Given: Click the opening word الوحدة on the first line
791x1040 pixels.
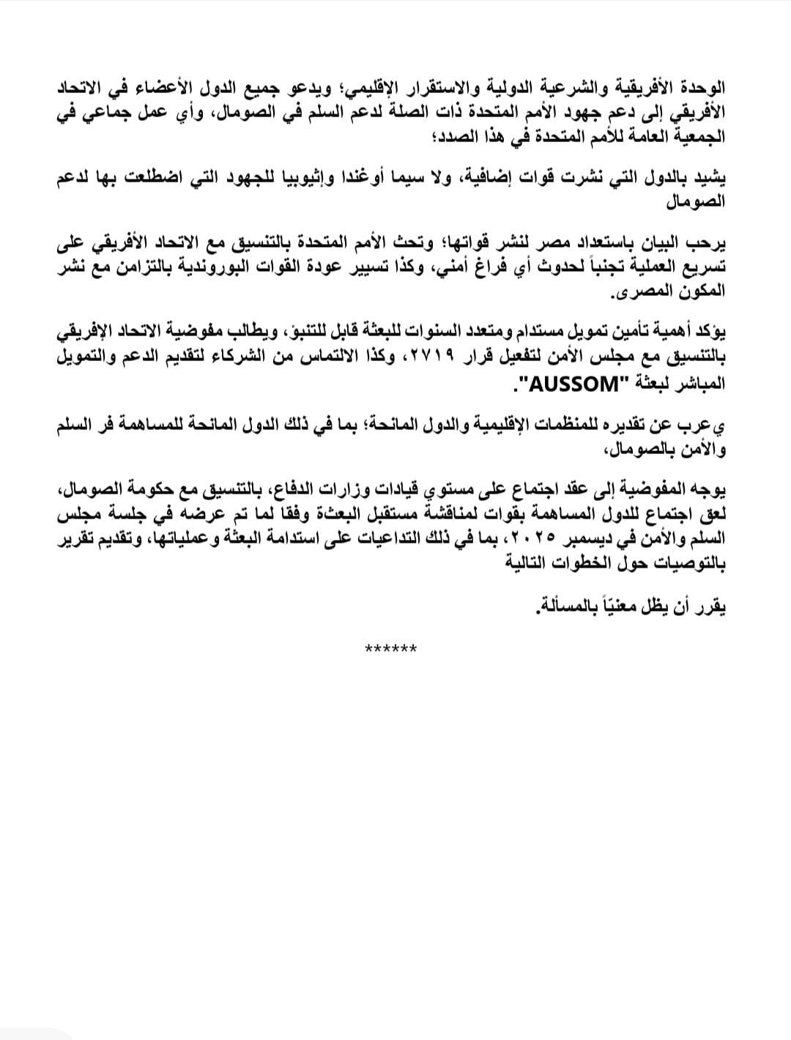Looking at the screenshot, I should coord(703,89).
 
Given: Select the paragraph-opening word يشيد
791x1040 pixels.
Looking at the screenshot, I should coord(712,179).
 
